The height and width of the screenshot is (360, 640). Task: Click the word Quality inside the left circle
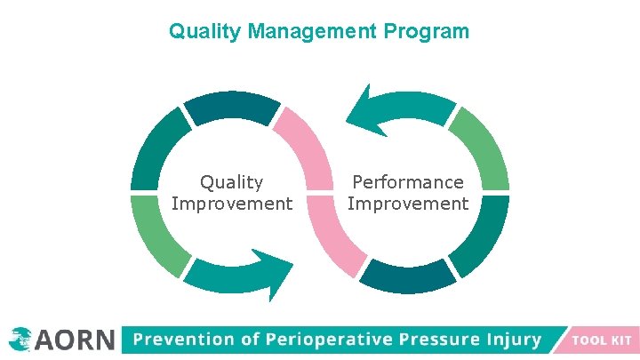click(231, 182)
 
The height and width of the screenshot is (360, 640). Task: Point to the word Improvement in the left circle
click(231, 204)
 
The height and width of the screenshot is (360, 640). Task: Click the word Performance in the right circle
click(408, 182)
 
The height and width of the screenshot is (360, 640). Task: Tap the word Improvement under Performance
click(408, 204)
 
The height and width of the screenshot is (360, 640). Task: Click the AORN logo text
click(76, 339)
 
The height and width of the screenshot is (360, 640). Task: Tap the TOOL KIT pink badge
click(601, 340)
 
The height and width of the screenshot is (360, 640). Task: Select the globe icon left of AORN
click(19, 338)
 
